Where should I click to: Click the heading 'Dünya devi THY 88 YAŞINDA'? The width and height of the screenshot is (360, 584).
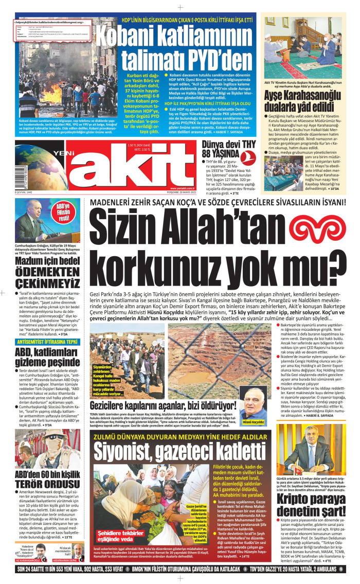tap(220, 148)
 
